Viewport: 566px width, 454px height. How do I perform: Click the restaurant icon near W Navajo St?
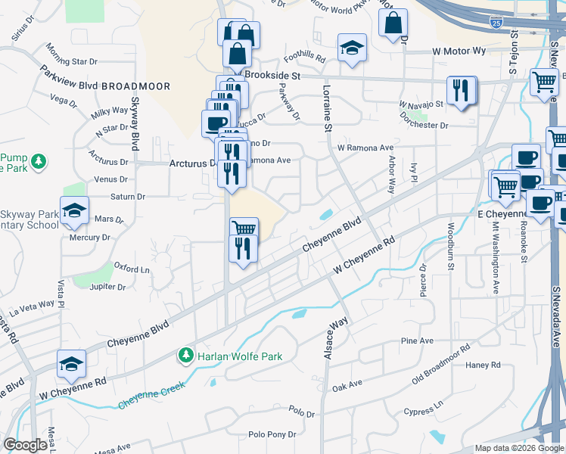tap(460, 91)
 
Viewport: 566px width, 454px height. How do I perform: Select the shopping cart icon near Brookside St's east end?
tap(544, 82)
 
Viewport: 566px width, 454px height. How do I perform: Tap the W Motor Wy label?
tap(459, 51)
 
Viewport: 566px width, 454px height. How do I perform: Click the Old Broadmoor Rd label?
tap(441, 362)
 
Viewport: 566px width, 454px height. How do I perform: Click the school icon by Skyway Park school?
tap(74, 211)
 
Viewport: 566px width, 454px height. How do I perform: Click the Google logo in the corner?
tap(26, 445)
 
